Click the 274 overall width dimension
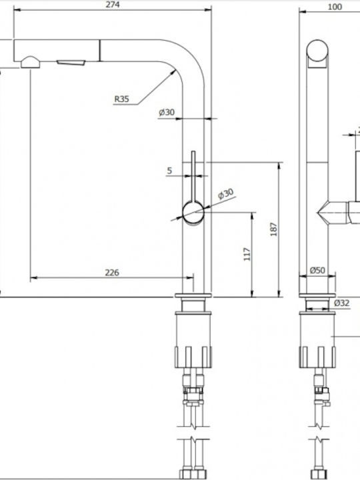[x=113, y=5]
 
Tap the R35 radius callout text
[x=122, y=99]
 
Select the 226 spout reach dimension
[x=112, y=273]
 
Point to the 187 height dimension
[x=274, y=229]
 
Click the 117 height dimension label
[x=247, y=254]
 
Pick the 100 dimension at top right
[x=335, y=7]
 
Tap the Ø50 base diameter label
[x=317, y=270]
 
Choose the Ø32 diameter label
[x=341, y=303]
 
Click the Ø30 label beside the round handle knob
[x=225, y=194]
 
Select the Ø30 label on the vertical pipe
[x=167, y=113]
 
